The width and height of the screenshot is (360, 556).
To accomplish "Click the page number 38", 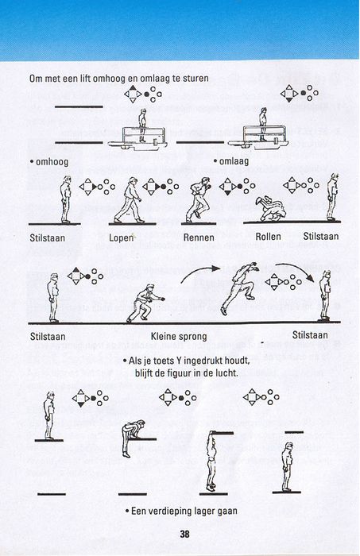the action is [x=184, y=535].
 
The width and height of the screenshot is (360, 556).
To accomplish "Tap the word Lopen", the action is [x=122, y=237].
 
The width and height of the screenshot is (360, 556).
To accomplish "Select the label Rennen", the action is [x=199, y=237].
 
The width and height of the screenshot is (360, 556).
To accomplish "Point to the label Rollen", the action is [x=268, y=237].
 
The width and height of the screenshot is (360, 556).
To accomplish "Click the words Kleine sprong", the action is [x=179, y=337].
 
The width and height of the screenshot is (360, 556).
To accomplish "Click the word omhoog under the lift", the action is [x=52, y=162].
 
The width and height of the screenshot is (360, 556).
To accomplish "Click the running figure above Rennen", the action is [x=199, y=200].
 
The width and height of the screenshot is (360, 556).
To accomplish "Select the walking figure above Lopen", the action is [x=129, y=200].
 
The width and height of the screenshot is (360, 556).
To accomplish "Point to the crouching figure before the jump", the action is [x=145, y=303].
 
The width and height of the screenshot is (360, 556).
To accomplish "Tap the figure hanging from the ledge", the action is [x=211, y=461].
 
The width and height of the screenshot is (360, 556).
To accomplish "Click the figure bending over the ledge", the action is [x=132, y=438].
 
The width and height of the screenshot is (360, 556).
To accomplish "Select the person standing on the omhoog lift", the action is [x=142, y=125].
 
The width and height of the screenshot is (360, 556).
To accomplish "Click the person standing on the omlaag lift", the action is [x=263, y=125].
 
